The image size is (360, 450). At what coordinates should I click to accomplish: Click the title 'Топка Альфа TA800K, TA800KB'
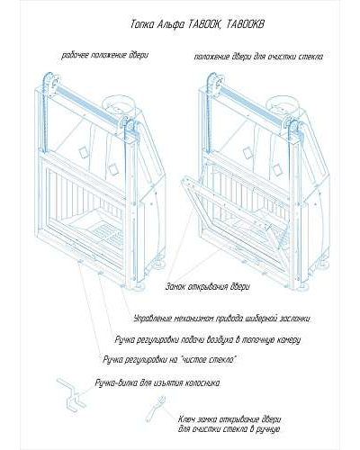[x=198, y=24]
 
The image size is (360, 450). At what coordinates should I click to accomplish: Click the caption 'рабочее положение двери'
[x=104, y=56]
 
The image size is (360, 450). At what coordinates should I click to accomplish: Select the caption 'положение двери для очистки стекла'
[x=258, y=57]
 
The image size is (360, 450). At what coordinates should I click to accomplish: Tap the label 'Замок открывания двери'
[x=207, y=286]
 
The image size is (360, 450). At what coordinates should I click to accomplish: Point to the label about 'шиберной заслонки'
[x=222, y=319]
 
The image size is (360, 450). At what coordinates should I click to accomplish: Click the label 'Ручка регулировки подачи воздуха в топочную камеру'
[x=208, y=340]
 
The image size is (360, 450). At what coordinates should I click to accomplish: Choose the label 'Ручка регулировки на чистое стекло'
[x=170, y=359]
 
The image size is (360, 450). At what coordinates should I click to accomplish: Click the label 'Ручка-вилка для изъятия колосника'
[x=157, y=383]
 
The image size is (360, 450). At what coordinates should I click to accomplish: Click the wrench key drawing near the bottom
[x=156, y=409]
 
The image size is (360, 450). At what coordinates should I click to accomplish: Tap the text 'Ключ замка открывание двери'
[x=229, y=419]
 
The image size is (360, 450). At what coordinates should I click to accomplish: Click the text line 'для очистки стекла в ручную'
[x=229, y=429]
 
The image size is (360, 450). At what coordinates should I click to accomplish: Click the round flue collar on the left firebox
[x=120, y=103]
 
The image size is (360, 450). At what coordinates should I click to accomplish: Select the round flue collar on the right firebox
[x=284, y=103]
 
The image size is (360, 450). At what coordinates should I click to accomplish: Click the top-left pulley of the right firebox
[x=213, y=82]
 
